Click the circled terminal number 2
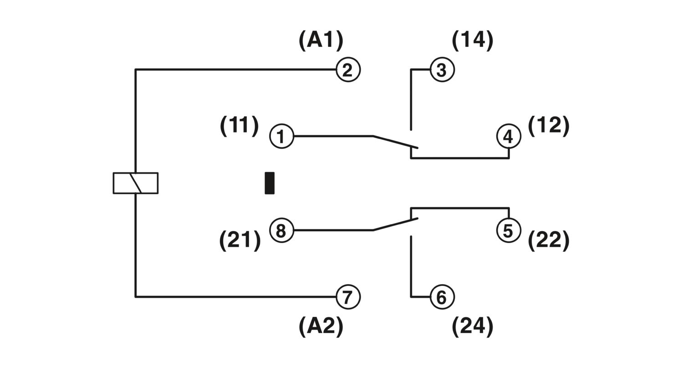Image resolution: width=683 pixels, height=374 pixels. tap(348, 70)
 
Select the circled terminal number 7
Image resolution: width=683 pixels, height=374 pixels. tap(348, 297)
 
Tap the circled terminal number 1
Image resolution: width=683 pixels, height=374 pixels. tap(281, 136)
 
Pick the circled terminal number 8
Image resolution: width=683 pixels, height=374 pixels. tap(281, 230)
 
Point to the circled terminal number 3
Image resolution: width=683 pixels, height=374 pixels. tap(442, 70)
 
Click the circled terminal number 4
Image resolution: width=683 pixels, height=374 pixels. tap(508, 136)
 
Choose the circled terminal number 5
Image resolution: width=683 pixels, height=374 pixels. tap(508, 230)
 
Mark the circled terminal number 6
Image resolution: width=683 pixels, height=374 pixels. tap(442, 297)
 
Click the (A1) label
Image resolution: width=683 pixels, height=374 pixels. tap(321, 40)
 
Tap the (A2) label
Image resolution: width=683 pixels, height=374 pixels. tap(321, 327)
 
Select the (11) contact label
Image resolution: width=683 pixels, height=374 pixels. tap(240, 125)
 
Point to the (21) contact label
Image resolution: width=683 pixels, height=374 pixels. tap(240, 240)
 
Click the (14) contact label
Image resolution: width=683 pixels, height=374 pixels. tap(473, 40)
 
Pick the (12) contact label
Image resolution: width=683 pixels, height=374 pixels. tap(549, 125)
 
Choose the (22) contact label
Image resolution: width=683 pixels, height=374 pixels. tap(549, 240)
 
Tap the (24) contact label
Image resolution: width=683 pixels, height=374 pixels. tap(473, 327)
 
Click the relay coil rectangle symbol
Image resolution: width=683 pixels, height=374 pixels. tap(135, 183)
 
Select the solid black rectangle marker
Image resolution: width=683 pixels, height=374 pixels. tap(270, 183)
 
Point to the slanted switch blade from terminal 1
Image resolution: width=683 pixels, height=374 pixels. tap(395, 142)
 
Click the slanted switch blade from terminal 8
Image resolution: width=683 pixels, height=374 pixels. tap(395, 225)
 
